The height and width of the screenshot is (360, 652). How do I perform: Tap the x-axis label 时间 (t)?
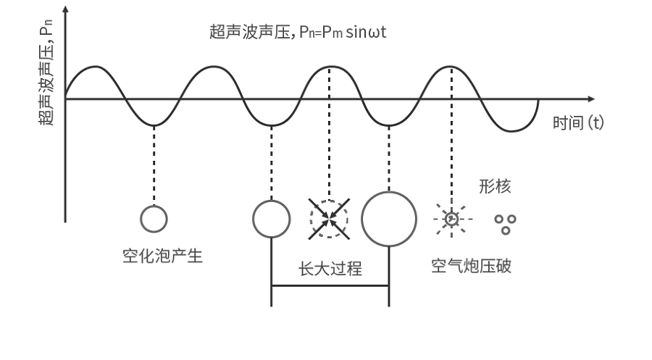577,122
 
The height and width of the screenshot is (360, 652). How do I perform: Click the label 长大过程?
330,269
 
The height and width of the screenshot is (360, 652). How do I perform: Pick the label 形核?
495,187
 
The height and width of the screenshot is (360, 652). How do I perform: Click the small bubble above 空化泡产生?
154,218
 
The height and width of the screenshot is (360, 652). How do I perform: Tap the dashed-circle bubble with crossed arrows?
330,217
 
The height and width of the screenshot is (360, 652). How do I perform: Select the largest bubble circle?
389,219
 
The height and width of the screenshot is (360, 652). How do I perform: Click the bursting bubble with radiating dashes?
452,217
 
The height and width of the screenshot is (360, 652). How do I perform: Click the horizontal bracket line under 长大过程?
330,286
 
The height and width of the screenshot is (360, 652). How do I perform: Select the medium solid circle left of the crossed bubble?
271,218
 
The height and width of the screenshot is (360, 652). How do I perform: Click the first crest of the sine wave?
94,67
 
